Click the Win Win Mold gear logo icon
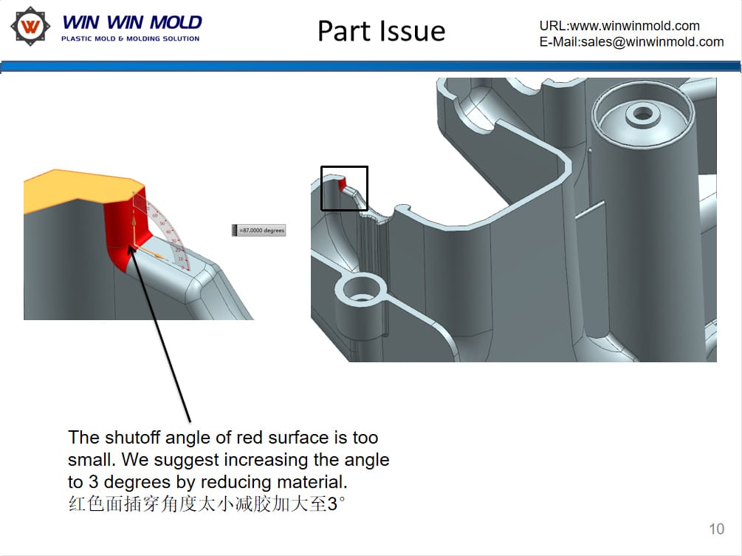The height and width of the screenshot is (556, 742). click(x=30, y=27)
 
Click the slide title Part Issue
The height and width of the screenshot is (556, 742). click(x=381, y=31)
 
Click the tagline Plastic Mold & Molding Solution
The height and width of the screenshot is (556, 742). click(x=130, y=38)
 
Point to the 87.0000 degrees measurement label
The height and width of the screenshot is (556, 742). click(x=259, y=231)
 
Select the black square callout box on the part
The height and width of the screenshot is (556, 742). click(x=344, y=188)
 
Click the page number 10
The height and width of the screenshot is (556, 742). click(x=716, y=529)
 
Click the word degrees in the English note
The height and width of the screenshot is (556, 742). click(x=179, y=483)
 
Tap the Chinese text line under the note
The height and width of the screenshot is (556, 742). click(x=207, y=506)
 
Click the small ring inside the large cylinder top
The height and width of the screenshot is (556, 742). click(x=643, y=114)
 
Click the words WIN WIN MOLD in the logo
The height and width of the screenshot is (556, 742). click(x=131, y=22)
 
